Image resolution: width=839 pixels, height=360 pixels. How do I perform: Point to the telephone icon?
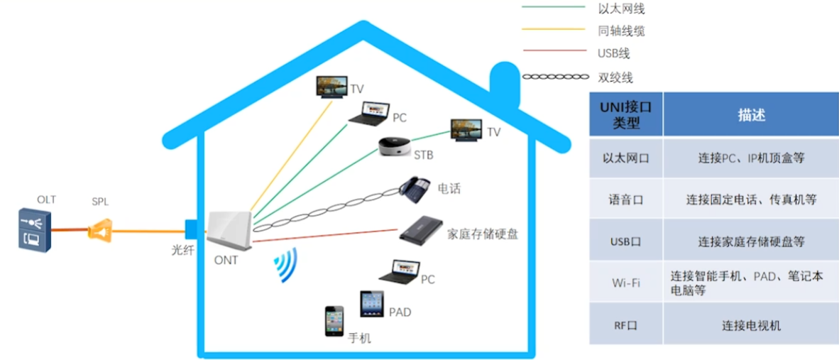(415, 187)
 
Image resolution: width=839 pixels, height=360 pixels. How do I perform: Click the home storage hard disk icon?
(421, 229)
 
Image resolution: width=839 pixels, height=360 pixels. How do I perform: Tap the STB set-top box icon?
(395, 148)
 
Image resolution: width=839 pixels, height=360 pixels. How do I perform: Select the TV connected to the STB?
(467, 130)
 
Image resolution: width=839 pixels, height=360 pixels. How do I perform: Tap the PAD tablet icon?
(372, 304)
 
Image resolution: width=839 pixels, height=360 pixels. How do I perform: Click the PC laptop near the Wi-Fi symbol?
(399, 271)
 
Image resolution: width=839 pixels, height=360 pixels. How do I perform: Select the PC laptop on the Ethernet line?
(368, 114)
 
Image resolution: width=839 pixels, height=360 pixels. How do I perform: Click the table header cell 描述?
(751, 115)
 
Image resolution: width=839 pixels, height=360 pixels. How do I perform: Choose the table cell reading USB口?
(625, 241)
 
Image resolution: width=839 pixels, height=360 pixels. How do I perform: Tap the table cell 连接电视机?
(751, 325)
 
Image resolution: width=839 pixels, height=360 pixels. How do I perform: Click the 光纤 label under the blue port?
(181, 250)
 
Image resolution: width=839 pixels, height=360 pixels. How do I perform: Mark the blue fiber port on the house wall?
(190, 229)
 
